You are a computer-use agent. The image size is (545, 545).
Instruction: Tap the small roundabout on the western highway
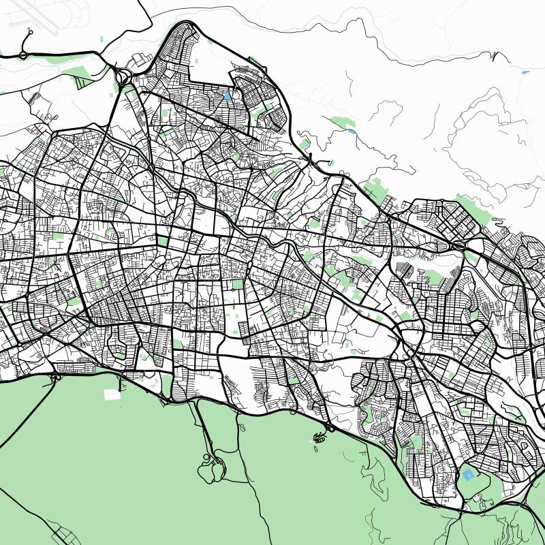point(22,54)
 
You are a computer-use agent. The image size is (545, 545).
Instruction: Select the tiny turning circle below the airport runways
point(29,31)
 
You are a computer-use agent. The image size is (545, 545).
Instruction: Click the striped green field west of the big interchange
point(84,82)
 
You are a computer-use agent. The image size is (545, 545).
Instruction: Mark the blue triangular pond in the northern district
point(227,97)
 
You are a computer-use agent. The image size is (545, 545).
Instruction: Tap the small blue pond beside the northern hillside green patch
point(351,130)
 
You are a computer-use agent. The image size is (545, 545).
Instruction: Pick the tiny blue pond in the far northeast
point(525,72)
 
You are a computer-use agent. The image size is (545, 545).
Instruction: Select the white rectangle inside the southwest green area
point(111,394)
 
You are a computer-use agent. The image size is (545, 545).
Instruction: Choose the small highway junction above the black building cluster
point(330,428)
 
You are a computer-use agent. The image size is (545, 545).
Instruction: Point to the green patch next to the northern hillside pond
point(341,123)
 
